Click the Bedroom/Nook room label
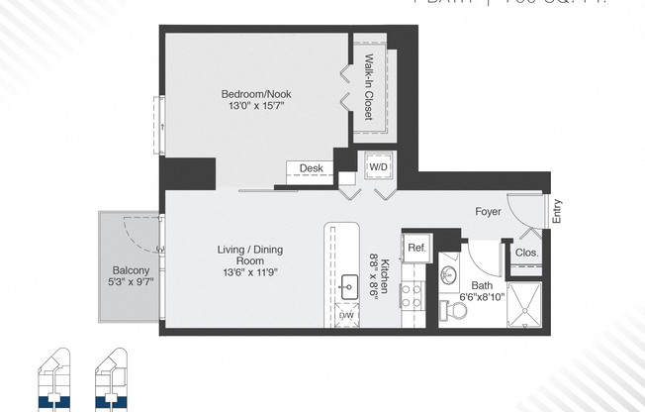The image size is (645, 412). tap(255, 95)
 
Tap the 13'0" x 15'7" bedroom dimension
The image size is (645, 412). tap(255, 108)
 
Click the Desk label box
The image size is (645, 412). tap(310, 168)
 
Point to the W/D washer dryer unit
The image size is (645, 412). tap(378, 167)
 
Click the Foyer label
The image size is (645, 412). tap(488, 212)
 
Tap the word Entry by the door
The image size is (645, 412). tap(556, 211)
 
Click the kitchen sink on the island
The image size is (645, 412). tap(348, 288)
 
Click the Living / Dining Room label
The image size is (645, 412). tap(249, 256)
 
